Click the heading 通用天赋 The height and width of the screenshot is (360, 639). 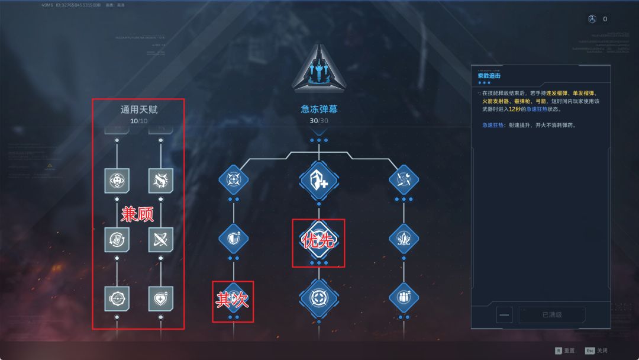tap(139, 110)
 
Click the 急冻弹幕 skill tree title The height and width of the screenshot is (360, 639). tap(319, 110)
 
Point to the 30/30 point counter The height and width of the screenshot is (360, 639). tap(319, 121)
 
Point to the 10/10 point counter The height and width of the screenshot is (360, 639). tap(139, 121)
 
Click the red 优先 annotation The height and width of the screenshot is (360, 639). tap(319, 241)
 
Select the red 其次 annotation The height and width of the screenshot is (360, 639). tap(233, 300)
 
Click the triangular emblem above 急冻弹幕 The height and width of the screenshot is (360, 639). tap(319, 69)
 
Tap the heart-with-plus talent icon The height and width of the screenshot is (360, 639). tap(161, 298)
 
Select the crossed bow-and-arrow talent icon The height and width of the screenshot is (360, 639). tap(161, 239)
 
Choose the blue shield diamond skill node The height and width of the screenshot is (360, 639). tap(233, 239)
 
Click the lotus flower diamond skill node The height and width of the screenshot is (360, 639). tap(404, 239)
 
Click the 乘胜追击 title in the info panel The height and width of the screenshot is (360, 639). tap(489, 76)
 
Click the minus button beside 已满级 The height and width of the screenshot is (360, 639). tap(505, 315)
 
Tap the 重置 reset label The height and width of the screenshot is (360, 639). tap(569, 351)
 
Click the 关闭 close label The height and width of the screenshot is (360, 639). tap(602, 351)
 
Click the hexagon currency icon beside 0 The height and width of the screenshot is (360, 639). tap(592, 19)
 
